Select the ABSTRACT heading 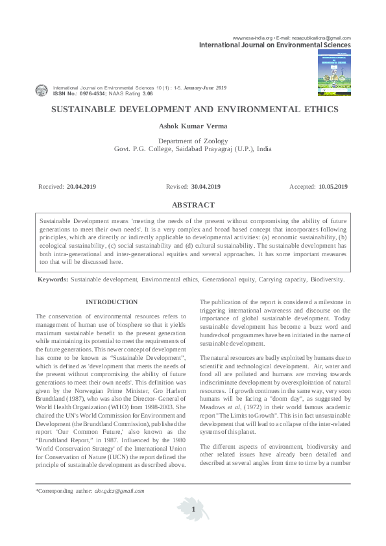(x=193, y=205)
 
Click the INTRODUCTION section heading (x=112, y=302)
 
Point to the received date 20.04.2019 (x=81, y=187)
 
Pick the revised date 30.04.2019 (x=206, y=187)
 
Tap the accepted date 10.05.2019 (x=333, y=187)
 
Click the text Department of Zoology (x=193, y=141)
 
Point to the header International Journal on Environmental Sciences (x=274, y=45)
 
